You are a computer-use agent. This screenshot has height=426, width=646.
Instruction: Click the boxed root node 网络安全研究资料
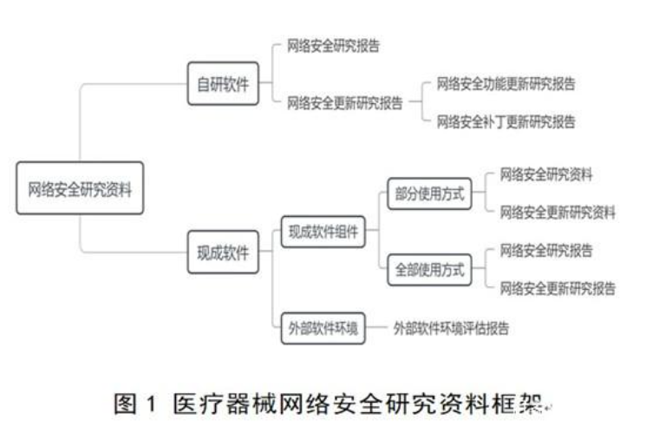tap(80, 188)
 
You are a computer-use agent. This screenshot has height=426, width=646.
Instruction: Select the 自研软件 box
tap(223, 83)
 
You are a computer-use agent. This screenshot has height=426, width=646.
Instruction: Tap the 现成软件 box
tap(223, 252)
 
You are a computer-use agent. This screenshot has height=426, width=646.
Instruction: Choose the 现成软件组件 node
tap(323, 232)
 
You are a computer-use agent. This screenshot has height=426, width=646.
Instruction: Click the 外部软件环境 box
tap(323, 328)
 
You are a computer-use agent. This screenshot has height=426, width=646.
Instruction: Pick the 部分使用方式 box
tap(430, 193)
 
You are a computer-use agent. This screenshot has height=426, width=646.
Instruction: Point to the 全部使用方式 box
tap(430, 270)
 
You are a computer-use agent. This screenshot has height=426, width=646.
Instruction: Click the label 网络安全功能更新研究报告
tap(506, 83)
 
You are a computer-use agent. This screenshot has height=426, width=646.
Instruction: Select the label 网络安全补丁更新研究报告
tap(506, 121)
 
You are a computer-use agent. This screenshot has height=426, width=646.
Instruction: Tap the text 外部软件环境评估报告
tap(451, 328)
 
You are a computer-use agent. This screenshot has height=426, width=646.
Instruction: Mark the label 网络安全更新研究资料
tap(558, 213)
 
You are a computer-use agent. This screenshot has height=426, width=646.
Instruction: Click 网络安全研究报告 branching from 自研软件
tap(333, 46)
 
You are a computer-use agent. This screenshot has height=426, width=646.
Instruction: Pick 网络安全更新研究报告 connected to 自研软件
tap(345, 102)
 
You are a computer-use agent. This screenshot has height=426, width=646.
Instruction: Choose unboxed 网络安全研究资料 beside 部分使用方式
tap(546, 174)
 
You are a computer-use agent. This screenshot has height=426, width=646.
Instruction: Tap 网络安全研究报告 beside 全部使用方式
tap(546, 251)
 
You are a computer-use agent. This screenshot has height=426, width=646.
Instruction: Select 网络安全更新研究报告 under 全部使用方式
tap(558, 288)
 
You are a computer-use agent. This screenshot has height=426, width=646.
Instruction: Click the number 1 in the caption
tap(151, 403)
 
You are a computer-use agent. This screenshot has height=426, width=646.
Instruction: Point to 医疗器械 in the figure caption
tap(225, 403)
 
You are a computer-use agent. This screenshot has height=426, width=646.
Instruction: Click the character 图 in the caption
tap(125, 403)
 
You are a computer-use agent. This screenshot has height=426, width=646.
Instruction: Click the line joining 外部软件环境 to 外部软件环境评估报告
tap(377, 328)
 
